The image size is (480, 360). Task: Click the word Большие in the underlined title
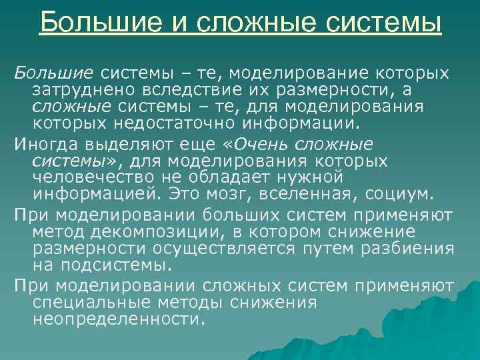coord(91,23)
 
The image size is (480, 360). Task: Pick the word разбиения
coord(408,248)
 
